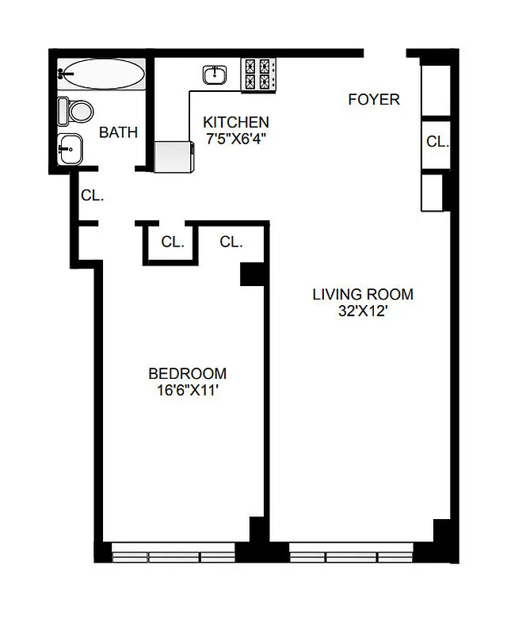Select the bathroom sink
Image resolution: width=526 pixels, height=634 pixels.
click(x=70, y=147)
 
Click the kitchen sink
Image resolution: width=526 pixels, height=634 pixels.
click(x=215, y=75)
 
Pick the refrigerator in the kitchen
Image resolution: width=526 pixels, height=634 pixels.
click(x=174, y=156)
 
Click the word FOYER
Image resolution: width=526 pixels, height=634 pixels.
click(x=374, y=100)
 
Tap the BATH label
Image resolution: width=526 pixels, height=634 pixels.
click(x=118, y=132)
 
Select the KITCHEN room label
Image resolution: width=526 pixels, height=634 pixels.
click(x=236, y=123)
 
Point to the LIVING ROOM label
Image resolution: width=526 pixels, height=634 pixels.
click(x=363, y=295)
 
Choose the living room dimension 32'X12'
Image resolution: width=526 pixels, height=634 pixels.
click(x=363, y=311)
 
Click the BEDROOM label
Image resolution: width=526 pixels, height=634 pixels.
click(x=188, y=374)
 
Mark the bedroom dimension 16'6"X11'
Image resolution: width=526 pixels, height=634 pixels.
click(x=188, y=391)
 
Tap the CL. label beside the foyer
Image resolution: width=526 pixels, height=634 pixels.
click(x=437, y=143)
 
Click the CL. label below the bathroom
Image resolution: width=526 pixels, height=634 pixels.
click(x=92, y=195)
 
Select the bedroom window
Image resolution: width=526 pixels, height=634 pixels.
click(x=173, y=556)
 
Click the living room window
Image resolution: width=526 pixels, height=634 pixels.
click(x=351, y=556)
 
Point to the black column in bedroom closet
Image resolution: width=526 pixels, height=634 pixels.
click(x=252, y=274)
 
